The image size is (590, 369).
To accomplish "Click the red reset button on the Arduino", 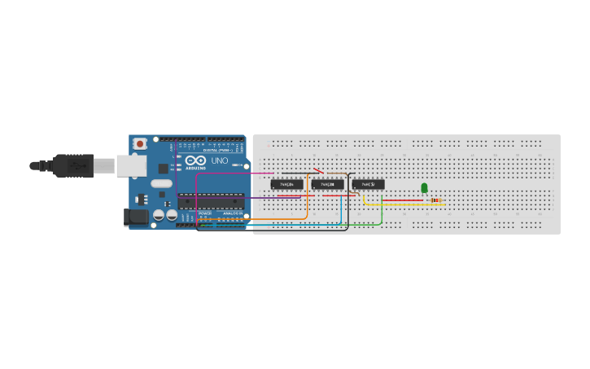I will [x=140, y=144].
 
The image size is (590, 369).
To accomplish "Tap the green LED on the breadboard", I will [x=424, y=188].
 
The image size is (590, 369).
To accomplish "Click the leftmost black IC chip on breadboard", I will [x=286, y=184].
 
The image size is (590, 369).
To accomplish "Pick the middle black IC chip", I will [x=327, y=184].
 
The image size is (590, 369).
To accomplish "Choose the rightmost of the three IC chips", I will [x=368, y=184].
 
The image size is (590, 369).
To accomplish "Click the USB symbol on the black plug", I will [x=76, y=165].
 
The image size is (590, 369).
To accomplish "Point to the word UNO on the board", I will [x=220, y=160].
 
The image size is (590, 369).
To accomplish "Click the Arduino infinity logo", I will [x=195, y=160].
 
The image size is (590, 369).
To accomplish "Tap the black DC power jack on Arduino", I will [x=130, y=217].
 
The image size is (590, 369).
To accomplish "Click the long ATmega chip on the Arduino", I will [x=211, y=200].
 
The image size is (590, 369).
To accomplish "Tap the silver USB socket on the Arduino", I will [x=130, y=165].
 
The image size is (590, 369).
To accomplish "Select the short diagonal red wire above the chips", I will [x=319, y=171].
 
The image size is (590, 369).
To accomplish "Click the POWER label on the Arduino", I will [x=204, y=213].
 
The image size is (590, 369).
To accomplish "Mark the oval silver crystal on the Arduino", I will [x=161, y=183].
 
